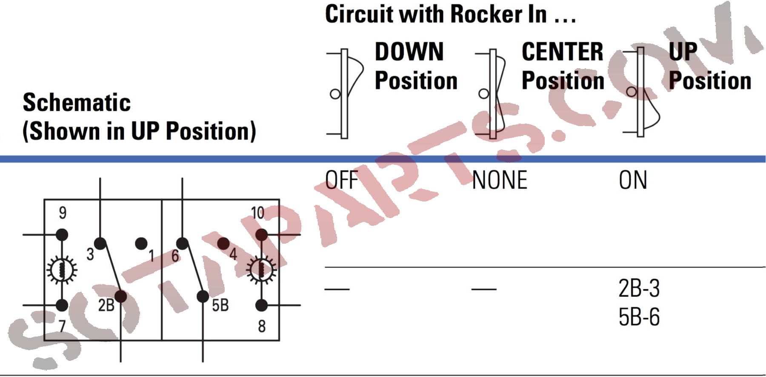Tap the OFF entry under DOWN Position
tap(341, 180)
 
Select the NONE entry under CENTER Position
tap(500, 180)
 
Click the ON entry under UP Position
tap(633, 180)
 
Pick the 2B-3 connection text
tap(639, 288)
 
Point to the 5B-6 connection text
tap(639, 317)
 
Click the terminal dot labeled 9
tap(62, 234)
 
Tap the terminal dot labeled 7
tap(62, 305)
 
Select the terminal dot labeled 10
tap(261, 234)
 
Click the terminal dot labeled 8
tap(261, 305)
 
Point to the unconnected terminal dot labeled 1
tap(141, 244)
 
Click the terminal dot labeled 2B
tap(121, 296)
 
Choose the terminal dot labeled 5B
tap(203, 296)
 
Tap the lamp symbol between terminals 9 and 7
tap(62, 270)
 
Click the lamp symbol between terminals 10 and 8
tap(261, 270)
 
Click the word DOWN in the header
tap(409, 52)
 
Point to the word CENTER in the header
tap(562, 52)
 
